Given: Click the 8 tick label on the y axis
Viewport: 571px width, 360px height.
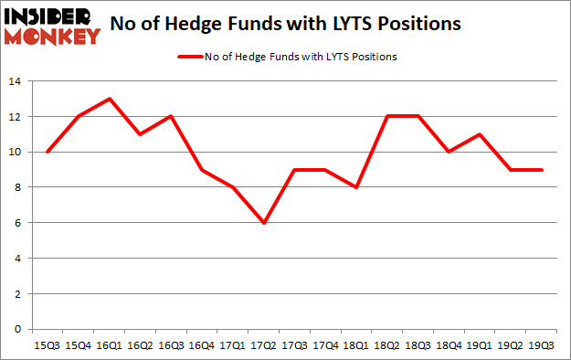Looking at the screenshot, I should pyautogui.click(x=17, y=188).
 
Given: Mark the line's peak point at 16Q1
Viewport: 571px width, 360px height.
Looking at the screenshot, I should pyautogui.click(x=109, y=100).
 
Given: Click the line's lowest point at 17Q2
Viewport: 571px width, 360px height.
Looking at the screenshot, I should pyautogui.click(x=264, y=223).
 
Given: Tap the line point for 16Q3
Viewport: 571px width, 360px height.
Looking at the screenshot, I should pyautogui.click(x=171, y=117).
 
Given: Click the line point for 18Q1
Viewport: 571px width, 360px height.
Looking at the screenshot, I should pyautogui.click(x=356, y=187).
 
